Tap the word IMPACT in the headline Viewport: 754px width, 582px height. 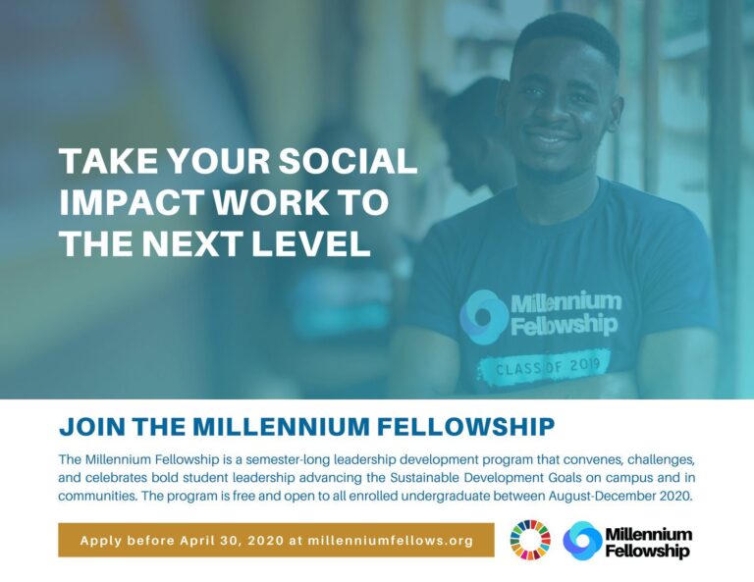123,202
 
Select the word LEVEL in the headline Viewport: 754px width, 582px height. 313,243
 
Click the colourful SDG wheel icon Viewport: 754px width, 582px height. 530,541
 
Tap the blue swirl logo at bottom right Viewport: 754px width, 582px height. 582,541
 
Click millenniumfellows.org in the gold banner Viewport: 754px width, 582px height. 391,541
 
